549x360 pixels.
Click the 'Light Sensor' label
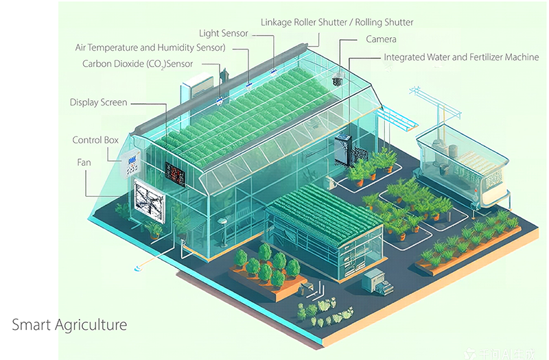(223, 33)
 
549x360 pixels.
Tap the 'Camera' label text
(381, 40)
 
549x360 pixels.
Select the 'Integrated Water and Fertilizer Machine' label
(461, 58)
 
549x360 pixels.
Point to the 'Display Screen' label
(98, 103)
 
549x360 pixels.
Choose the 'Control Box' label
(95, 141)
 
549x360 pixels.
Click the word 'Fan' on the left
(84, 163)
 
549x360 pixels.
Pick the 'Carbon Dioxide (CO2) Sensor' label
(137, 64)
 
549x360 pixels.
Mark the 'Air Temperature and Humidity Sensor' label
(150, 48)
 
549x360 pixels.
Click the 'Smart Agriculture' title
(69, 324)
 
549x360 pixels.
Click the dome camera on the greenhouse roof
(338, 80)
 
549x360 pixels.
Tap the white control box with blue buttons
(132, 163)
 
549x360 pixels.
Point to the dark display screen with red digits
(175, 173)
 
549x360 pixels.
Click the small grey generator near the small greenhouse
(374, 280)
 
